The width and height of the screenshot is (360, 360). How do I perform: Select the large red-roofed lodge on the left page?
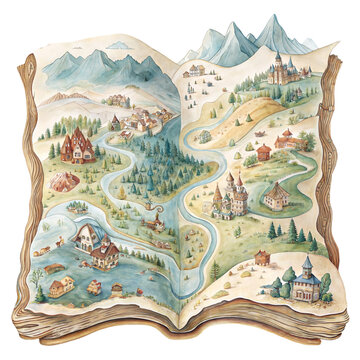[x=77, y=147]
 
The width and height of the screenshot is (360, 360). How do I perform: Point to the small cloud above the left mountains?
[x=119, y=45]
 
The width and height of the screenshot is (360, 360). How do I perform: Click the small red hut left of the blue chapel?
[x=261, y=258]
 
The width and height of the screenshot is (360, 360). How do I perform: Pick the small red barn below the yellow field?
[x=262, y=153]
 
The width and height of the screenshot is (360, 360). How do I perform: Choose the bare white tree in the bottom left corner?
[x=37, y=277]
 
